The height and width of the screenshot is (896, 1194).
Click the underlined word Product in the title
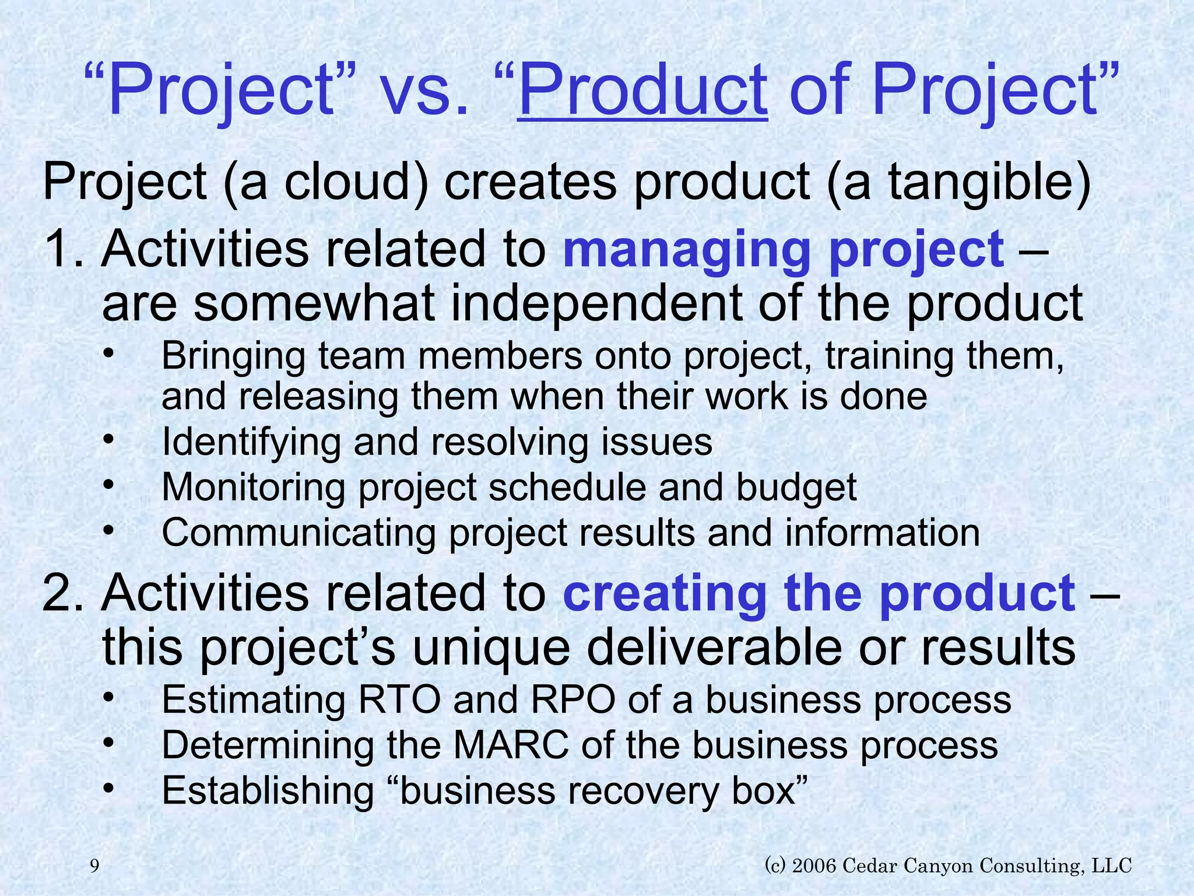[642, 90]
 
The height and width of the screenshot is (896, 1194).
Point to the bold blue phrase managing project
[783, 250]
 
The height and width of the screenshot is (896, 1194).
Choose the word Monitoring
[253, 487]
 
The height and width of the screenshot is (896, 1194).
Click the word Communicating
[298, 533]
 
